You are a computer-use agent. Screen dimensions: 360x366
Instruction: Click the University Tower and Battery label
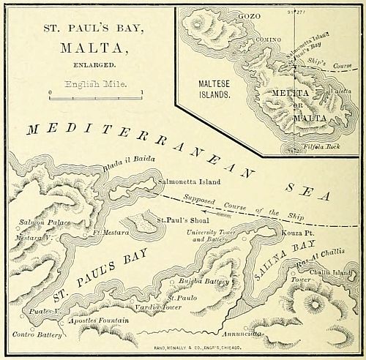pyautogui.click(x=215, y=236)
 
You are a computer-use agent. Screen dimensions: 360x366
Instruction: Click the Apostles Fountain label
pyautogui.click(x=100, y=320)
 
